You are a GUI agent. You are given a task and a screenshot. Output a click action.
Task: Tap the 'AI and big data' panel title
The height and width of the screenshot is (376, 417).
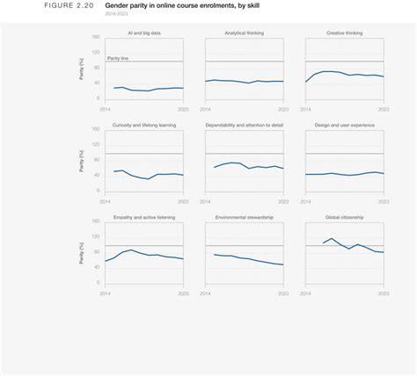point(143,33)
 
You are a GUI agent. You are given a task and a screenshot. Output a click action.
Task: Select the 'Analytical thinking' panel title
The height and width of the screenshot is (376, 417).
point(244,33)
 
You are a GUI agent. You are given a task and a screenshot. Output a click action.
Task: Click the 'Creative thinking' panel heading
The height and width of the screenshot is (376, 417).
point(344,33)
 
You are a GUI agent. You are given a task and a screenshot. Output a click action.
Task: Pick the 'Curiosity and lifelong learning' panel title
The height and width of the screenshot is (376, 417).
point(143,125)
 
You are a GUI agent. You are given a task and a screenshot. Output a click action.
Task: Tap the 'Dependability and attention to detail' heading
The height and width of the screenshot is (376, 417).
point(244,125)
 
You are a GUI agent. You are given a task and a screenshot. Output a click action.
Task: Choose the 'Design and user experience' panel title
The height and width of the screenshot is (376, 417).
point(344,125)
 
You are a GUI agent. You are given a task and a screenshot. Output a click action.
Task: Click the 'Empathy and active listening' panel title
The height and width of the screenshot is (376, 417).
point(143,216)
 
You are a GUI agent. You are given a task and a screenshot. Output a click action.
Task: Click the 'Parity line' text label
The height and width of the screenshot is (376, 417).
point(118,58)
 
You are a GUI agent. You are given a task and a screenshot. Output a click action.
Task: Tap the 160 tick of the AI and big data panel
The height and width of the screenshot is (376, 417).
point(97,38)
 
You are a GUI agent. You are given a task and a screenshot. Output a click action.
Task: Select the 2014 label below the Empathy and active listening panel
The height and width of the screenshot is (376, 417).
point(106,293)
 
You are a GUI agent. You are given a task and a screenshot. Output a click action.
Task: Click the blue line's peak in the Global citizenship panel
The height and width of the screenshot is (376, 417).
point(332,238)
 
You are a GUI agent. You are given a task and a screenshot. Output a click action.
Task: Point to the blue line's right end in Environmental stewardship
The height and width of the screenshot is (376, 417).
point(283,264)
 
